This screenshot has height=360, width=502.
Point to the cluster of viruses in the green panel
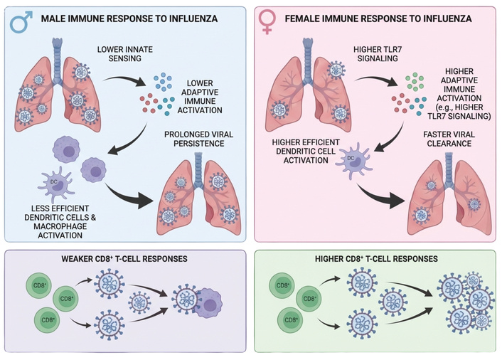click(x=462, y=302)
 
